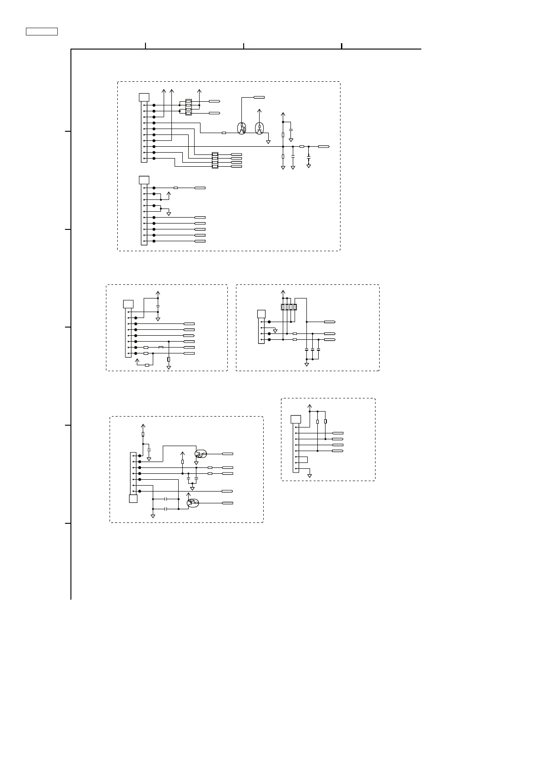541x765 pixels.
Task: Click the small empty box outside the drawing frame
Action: [41, 31]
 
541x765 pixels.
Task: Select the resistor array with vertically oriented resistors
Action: [289, 307]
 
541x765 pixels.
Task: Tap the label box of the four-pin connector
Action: [261, 313]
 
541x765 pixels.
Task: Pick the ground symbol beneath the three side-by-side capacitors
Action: [306, 364]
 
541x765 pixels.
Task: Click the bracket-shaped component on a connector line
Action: [160, 348]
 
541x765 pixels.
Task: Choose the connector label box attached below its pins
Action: [133, 499]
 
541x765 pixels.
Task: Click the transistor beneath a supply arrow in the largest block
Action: [259, 128]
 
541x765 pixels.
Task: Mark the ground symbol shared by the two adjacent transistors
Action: [268, 142]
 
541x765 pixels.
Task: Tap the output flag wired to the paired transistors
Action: [259, 97]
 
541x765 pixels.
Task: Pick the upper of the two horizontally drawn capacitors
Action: [166, 499]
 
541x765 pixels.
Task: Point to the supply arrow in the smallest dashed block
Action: [310, 405]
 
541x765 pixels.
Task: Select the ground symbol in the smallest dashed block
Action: [310, 476]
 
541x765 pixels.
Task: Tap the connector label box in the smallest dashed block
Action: [296, 419]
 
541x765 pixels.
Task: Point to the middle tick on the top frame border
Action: [244, 45]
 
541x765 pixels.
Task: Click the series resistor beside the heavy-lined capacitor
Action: [301, 147]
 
